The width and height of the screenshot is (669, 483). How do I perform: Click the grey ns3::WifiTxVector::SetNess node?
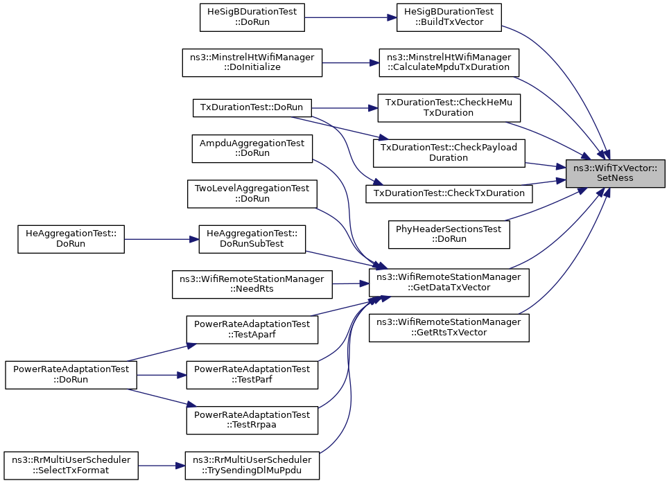click(615, 173)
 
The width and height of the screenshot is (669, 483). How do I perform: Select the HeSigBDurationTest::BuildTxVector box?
click(449, 17)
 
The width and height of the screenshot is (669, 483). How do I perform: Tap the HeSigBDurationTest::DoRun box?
click(252, 17)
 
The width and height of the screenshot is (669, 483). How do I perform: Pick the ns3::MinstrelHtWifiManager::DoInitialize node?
click(252, 62)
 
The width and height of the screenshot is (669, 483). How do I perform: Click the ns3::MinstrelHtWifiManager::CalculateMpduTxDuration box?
click(449, 62)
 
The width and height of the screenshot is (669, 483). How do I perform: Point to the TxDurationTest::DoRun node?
click(252, 107)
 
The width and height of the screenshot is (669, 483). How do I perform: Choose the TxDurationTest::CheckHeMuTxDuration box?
click(449, 108)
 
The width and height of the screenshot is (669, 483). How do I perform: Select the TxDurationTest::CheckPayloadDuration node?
click(449, 153)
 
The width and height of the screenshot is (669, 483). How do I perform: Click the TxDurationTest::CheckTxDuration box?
click(449, 193)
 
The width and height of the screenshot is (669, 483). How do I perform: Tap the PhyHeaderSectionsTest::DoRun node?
click(449, 234)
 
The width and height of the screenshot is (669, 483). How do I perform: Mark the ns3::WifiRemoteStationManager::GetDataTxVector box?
click(449, 283)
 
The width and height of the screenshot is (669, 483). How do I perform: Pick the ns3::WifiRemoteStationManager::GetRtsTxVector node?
click(449, 328)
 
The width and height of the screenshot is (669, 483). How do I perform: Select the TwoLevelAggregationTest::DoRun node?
click(252, 194)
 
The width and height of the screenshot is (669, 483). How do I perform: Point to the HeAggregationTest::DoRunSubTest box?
click(252, 239)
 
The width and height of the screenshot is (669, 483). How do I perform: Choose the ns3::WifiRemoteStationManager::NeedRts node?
click(252, 284)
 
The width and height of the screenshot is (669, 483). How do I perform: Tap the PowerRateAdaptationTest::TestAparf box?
click(252, 330)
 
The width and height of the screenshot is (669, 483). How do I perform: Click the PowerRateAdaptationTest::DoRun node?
click(71, 375)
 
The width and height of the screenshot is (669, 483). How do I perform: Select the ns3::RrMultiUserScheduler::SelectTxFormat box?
click(71, 466)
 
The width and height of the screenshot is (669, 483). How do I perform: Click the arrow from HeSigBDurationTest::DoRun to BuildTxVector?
click(351, 17)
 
